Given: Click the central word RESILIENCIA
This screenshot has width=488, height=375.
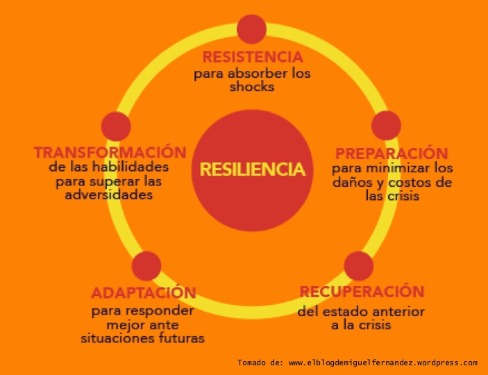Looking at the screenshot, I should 252,169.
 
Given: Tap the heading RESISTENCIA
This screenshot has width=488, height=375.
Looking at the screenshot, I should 252,57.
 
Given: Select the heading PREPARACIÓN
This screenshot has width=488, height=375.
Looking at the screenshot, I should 392,153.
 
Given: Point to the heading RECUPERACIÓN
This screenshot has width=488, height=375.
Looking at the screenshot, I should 362,291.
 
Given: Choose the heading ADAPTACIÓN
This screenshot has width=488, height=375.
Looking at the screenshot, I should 144,292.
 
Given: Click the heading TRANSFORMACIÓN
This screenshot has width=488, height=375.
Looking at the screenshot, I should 110,152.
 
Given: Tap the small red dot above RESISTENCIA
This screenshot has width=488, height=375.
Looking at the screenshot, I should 251,29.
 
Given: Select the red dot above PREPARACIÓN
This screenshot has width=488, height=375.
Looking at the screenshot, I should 387,126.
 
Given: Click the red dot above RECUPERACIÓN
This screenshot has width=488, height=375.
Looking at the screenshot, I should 359,266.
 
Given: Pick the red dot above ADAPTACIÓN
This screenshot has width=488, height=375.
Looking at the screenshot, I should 146,266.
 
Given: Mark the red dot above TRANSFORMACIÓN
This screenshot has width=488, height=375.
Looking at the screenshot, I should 116,126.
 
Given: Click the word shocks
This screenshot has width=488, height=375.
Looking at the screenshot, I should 252,87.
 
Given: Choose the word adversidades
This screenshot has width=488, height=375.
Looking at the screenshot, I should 109,195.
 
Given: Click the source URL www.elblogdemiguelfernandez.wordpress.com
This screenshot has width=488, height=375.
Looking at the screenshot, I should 382,362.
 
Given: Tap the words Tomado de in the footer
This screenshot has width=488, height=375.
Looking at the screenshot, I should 260,362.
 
